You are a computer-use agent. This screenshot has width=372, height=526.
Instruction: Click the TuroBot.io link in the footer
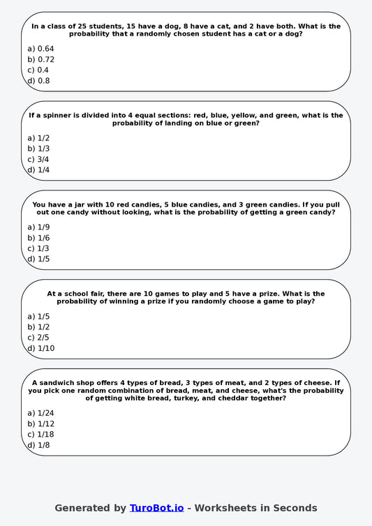click(156, 508)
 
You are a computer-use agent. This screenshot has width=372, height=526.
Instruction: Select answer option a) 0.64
click(40, 49)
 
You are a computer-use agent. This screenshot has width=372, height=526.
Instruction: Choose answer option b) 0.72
click(40, 59)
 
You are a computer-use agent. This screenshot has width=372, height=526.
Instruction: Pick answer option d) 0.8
click(38, 81)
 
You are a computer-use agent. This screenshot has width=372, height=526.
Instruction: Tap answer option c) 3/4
click(38, 159)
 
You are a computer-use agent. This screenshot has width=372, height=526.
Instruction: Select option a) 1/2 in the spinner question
click(38, 138)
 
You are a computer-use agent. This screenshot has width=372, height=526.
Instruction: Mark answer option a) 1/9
click(38, 227)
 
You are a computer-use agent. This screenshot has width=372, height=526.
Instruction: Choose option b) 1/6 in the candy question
click(38, 238)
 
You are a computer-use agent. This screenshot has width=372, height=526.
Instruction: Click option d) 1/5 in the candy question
click(38, 260)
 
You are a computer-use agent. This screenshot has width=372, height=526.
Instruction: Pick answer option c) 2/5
click(38, 338)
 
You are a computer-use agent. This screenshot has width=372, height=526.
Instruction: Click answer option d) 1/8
click(38, 445)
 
